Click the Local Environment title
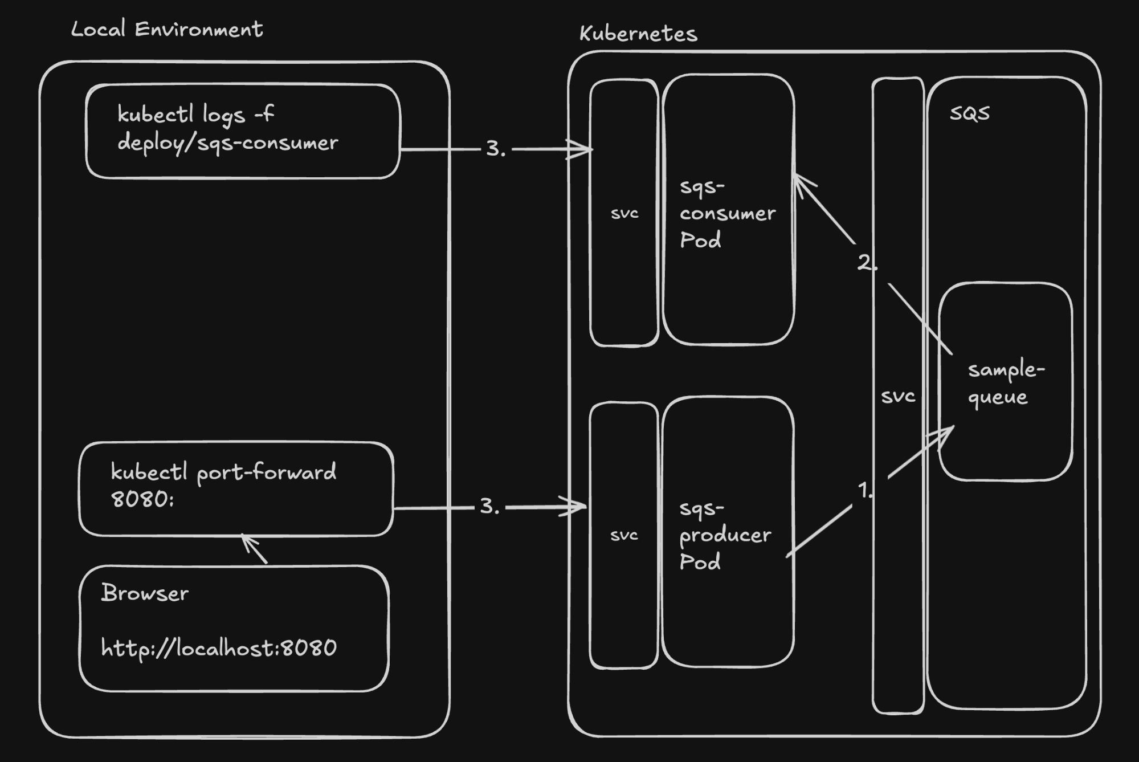(166, 29)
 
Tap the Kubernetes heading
(638, 34)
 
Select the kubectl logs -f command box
(243, 131)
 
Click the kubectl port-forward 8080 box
(236, 488)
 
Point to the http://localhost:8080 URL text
(219, 648)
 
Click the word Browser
(145, 593)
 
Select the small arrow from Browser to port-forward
(254, 549)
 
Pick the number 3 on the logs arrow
(493, 149)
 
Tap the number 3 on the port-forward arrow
(487, 506)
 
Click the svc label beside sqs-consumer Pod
(624, 214)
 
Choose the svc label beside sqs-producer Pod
(624, 535)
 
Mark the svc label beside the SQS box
(898, 396)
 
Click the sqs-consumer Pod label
(727, 213)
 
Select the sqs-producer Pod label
(725, 535)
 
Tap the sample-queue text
(1006, 383)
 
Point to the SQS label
(969, 113)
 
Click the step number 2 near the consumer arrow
(865, 262)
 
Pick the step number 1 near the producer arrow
(864, 490)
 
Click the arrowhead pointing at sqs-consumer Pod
(801, 182)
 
